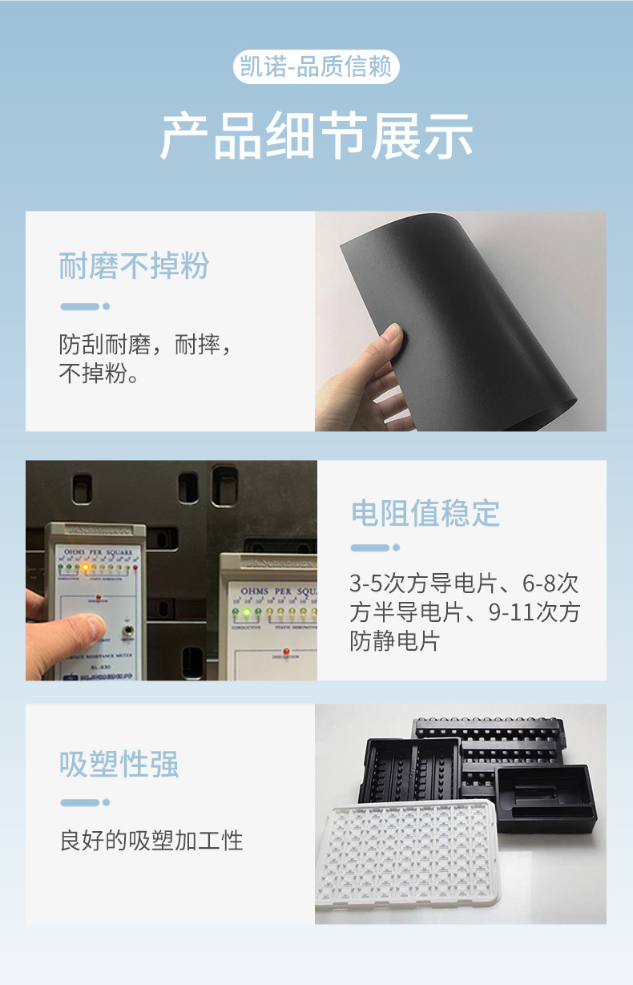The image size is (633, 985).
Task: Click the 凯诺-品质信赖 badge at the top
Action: tap(316, 67)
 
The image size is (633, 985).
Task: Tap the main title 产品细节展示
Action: tap(316, 137)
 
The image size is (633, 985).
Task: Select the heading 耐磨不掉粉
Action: tap(134, 266)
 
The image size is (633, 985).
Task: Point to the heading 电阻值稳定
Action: tap(425, 513)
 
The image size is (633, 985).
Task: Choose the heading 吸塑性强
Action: tap(119, 765)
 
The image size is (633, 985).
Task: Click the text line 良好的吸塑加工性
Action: tap(151, 841)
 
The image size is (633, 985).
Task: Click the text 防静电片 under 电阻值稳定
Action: tap(394, 641)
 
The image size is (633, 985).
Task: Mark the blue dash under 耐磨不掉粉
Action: tap(81, 306)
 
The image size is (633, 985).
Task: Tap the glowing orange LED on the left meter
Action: tap(85, 567)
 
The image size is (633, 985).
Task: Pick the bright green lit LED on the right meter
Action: tap(247, 613)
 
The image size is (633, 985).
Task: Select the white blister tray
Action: tap(409, 858)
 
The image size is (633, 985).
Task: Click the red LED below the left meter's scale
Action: tap(97, 597)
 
